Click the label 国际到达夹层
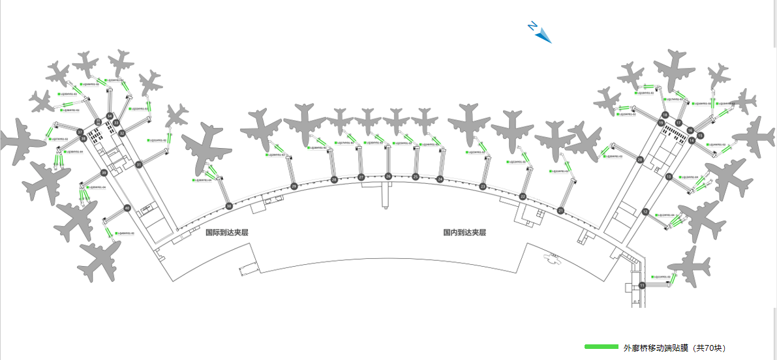point(227,232)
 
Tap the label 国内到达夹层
point(465,232)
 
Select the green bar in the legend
point(601,347)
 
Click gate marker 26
point(388,176)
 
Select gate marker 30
point(229,206)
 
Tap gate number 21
point(561,211)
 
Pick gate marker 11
point(642,285)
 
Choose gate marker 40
point(127,208)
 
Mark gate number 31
point(139,165)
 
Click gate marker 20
point(640,159)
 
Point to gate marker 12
point(645,211)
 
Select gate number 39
point(104,173)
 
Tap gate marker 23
point(483,187)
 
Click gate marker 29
point(294,187)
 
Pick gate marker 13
point(669,177)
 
